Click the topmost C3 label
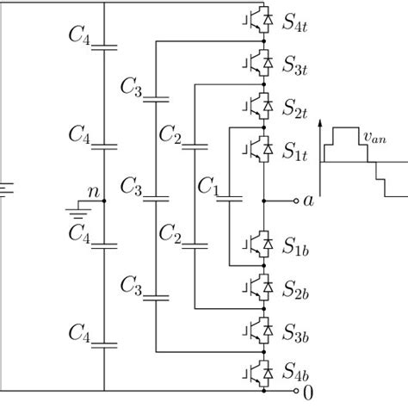tap(132, 88)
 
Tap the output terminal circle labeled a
tap(293, 201)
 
